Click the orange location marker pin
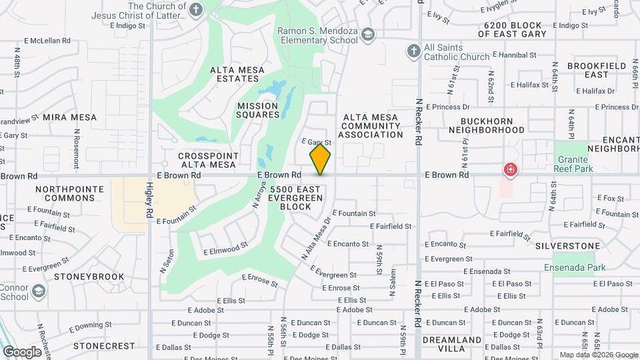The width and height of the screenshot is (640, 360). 320,159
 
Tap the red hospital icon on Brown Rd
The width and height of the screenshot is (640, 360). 511,170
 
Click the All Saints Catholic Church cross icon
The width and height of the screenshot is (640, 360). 413,52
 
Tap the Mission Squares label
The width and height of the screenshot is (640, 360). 257,110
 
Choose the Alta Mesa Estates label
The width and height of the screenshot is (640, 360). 237,74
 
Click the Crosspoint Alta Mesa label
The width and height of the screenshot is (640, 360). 207,160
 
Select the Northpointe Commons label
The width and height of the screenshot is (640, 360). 70,194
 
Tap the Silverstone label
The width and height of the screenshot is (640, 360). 567,246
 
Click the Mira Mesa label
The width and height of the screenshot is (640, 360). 70,117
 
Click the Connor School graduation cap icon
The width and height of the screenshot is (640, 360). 39,291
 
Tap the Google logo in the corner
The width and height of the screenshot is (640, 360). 22,351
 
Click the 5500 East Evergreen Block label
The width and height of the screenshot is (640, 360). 291,198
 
